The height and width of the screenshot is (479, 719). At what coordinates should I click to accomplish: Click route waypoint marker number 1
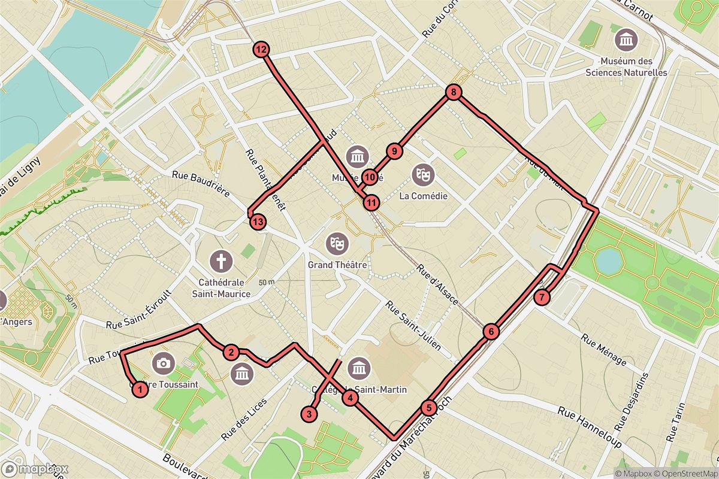point(139,390)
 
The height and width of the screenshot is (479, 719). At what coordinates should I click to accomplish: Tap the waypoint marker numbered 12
point(261,50)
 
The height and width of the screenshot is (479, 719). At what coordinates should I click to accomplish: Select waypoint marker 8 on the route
point(454,92)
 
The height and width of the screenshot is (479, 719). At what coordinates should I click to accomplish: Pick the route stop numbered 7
point(542,297)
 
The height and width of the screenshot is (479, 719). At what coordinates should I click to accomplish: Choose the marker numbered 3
point(309,414)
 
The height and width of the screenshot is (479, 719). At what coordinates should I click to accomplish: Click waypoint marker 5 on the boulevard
point(428,408)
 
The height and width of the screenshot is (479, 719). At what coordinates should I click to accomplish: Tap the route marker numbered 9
point(394,151)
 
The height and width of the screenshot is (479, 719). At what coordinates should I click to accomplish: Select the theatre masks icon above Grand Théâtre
point(336,243)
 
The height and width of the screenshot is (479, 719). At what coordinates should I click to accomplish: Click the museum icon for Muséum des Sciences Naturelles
point(626,41)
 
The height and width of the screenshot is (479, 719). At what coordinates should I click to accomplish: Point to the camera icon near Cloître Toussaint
point(162,363)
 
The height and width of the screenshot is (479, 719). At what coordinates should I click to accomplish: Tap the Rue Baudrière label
point(201,183)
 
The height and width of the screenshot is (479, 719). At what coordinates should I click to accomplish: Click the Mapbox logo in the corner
point(35,469)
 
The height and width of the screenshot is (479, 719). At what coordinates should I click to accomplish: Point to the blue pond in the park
point(609,260)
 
